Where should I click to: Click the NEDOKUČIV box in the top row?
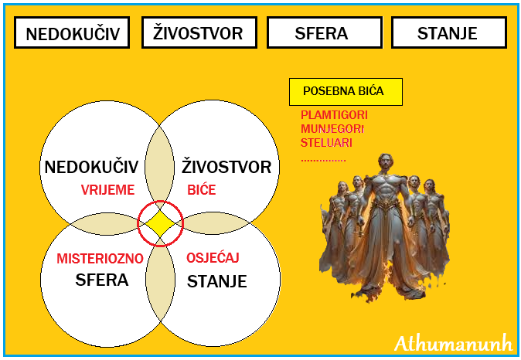click(x=71, y=33)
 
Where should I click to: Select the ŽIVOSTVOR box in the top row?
click(x=197, y=33)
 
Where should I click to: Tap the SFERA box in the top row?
click(x=322, y=33)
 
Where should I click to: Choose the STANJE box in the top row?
click(x=447, y=33)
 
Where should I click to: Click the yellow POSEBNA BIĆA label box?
click(x=346, y=91)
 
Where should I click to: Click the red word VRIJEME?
click(x=108, y=190)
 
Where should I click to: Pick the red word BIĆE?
click(x=202, y=190)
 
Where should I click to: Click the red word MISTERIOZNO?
click(x=100, y=259)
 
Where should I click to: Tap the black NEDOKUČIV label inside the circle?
click(x=91, y=168)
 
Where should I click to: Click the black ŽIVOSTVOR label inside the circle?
click(x=226, y=168)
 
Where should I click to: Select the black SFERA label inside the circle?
click(x=102, y=280)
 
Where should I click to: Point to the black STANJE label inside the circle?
click(x=216, y=281)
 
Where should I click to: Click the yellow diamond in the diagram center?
click(x=160, y=225)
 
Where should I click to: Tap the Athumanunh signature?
click(x=452, y=342)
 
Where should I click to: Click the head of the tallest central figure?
click(x=384, y=163)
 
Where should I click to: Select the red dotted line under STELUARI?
click(x=324, y=161)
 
